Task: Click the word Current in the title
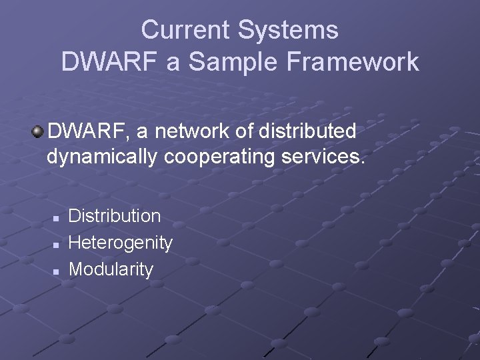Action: click(x=186, y=30)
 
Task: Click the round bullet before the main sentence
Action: click(x=38, y=131)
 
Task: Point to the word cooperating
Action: click(x=221, y=158)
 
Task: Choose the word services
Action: click(x=327, y=158)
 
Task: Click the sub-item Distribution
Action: click(x=115, y=216)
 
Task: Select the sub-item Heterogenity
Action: click(x=121, y=243)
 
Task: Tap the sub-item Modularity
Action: click(x=111, y=269)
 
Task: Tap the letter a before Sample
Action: click(x=173, y=62)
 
